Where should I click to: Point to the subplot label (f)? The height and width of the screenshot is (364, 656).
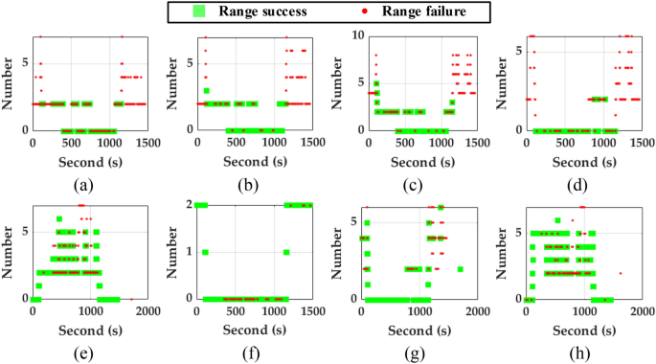253,351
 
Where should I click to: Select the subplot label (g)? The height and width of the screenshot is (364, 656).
418,351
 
